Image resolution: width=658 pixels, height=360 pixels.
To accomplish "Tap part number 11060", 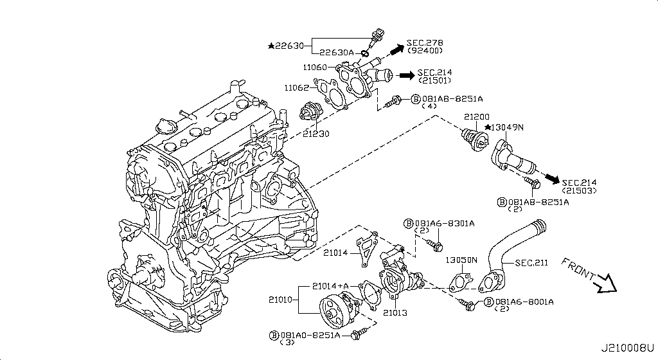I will pyautogui.click(x=316, y=67).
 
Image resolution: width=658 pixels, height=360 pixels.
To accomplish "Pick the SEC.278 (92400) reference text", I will pyautogui.click(x=425, y=46).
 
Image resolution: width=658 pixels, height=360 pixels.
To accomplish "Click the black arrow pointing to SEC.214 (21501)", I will pyautogui.click(x=405, y=76).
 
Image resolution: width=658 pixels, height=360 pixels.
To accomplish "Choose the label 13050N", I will pyautogui.click(x=461, y=260).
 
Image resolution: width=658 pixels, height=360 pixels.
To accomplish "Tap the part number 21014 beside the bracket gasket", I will pyautogui.click(x=335, y=253).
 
